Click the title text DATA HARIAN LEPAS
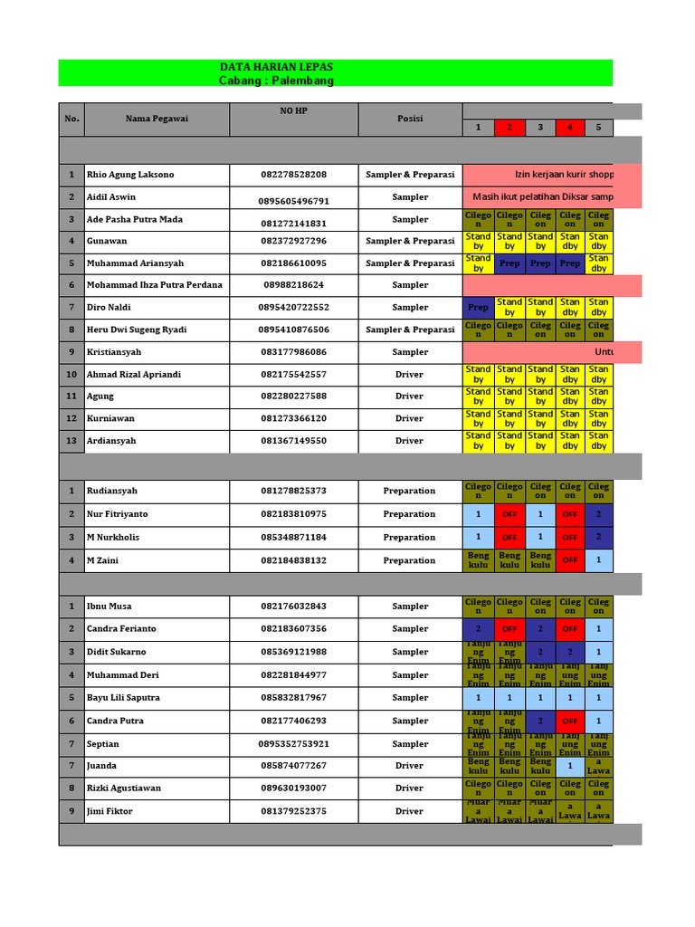pos(276,67)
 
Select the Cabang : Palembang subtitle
pos(276,81)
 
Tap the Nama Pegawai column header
pos(157,119)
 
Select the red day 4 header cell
pos(570,128)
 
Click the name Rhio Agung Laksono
pos(130,175)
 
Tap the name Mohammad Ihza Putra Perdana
pos(154,285)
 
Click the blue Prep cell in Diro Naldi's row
pos(478,308)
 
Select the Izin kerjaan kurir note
pos(552,175)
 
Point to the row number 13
pos(71,441)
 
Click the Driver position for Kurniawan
pos(409,419)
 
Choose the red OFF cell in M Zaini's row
pos(570,560)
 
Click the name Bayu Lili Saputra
pos(123,698)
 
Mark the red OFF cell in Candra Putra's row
pos(570,722)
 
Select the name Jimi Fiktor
pos(109,811)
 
